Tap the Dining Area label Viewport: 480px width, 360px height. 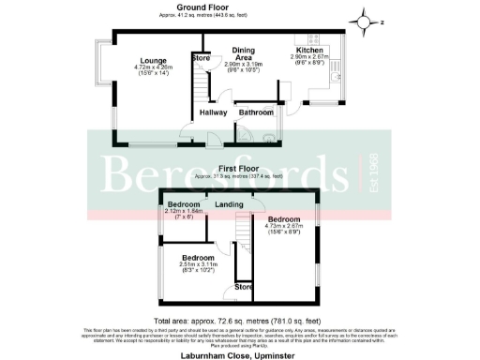point(243,52)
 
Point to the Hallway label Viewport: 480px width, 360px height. point(217,112)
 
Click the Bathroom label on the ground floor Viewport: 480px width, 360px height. point(255,112)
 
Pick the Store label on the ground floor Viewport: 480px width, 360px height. point(201,59)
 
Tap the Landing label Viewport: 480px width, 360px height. point(230,204)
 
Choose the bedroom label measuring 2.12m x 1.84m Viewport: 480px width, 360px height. point(184,204)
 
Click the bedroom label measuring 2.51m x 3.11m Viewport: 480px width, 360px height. point(198,258)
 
